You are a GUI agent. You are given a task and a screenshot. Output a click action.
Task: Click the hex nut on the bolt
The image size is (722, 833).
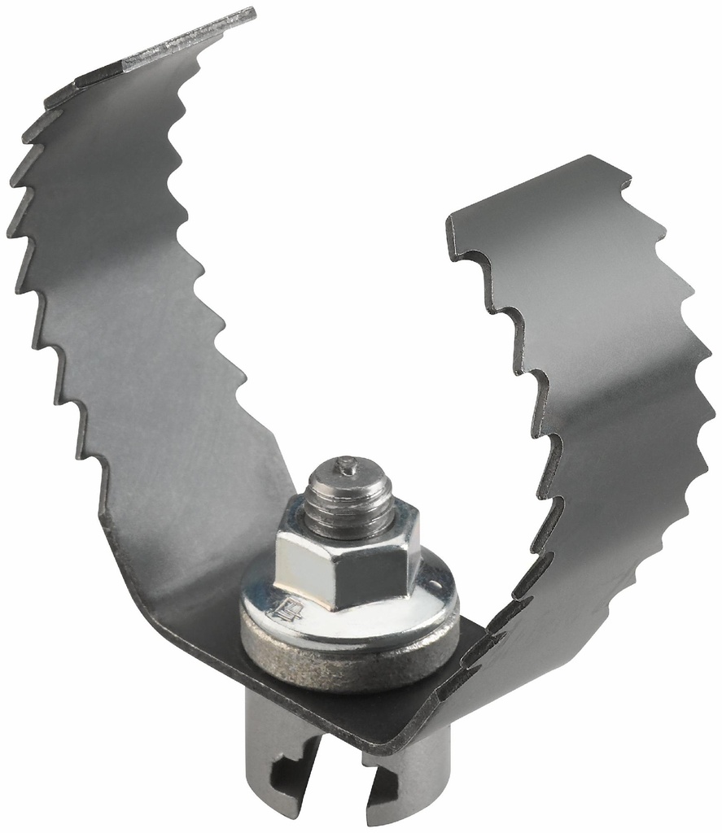(x=346, y=561)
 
